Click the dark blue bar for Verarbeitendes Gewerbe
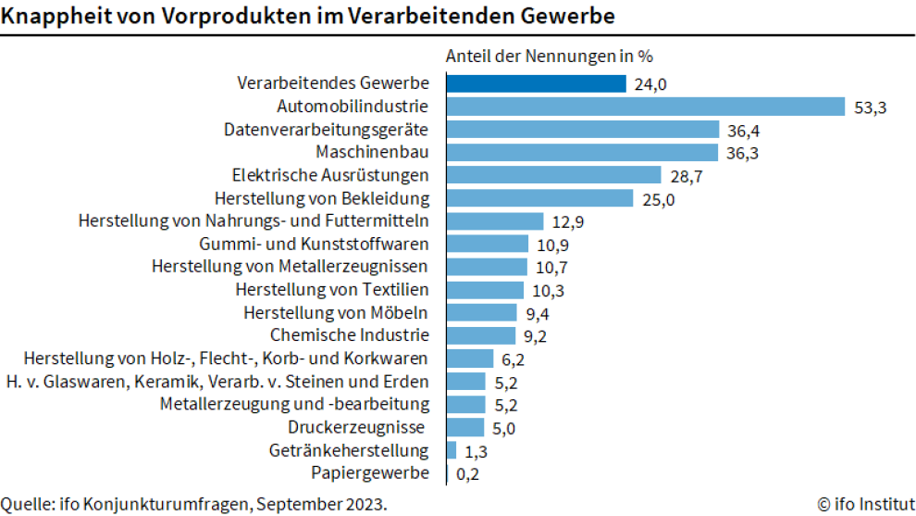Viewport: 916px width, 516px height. point(536,84)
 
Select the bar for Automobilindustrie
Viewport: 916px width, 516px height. point(645,107)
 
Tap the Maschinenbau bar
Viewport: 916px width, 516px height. point(582,153)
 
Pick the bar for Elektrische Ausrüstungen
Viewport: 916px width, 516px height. point(553,175)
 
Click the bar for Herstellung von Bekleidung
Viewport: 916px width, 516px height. point(539,198)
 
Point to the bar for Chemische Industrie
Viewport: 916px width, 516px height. point(480,335)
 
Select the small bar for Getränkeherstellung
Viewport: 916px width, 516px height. point(452,450)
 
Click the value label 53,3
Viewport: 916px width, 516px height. point(871,107)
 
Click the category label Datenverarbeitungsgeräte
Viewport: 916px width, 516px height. point(326,130)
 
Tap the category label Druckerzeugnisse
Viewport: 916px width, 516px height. point(356,427)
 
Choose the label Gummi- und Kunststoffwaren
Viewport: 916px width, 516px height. point(314,244)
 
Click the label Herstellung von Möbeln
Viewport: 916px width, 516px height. point(336,312)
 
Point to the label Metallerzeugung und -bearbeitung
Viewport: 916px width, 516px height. point(294,404)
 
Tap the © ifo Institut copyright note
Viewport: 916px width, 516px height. point(865,504)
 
